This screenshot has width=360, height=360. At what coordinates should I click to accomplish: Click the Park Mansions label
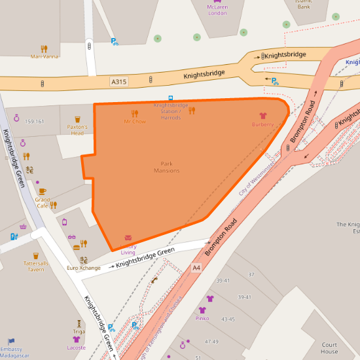[x=166, y=167]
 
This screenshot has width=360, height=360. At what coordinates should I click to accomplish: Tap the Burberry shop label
[x=262, y=124]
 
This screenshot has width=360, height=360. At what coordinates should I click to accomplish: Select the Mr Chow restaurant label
[x=135, y=121]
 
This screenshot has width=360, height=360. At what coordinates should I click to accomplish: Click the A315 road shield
[x=118, y=82]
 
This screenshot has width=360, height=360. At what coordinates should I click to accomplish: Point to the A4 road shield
[x=196, y=268]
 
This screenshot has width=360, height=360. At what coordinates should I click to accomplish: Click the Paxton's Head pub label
[x=77, y=130]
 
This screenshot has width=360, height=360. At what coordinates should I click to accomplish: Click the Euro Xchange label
[x=84, y=268]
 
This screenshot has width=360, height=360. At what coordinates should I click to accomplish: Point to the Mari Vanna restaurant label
[x=44, y=56]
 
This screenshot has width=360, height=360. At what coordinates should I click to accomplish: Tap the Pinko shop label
[x=202, y=318]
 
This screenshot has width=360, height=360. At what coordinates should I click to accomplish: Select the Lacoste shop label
[x=77, y=348]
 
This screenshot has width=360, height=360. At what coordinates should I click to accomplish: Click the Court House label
[x=329, y=348]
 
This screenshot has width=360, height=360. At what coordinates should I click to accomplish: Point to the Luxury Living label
[x=128, y=249]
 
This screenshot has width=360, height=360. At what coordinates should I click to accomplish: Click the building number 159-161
[x=34, y=121]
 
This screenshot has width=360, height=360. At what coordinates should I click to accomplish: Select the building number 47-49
[x=211, y=342]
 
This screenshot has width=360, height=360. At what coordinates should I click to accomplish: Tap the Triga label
[x=79, y=331]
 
